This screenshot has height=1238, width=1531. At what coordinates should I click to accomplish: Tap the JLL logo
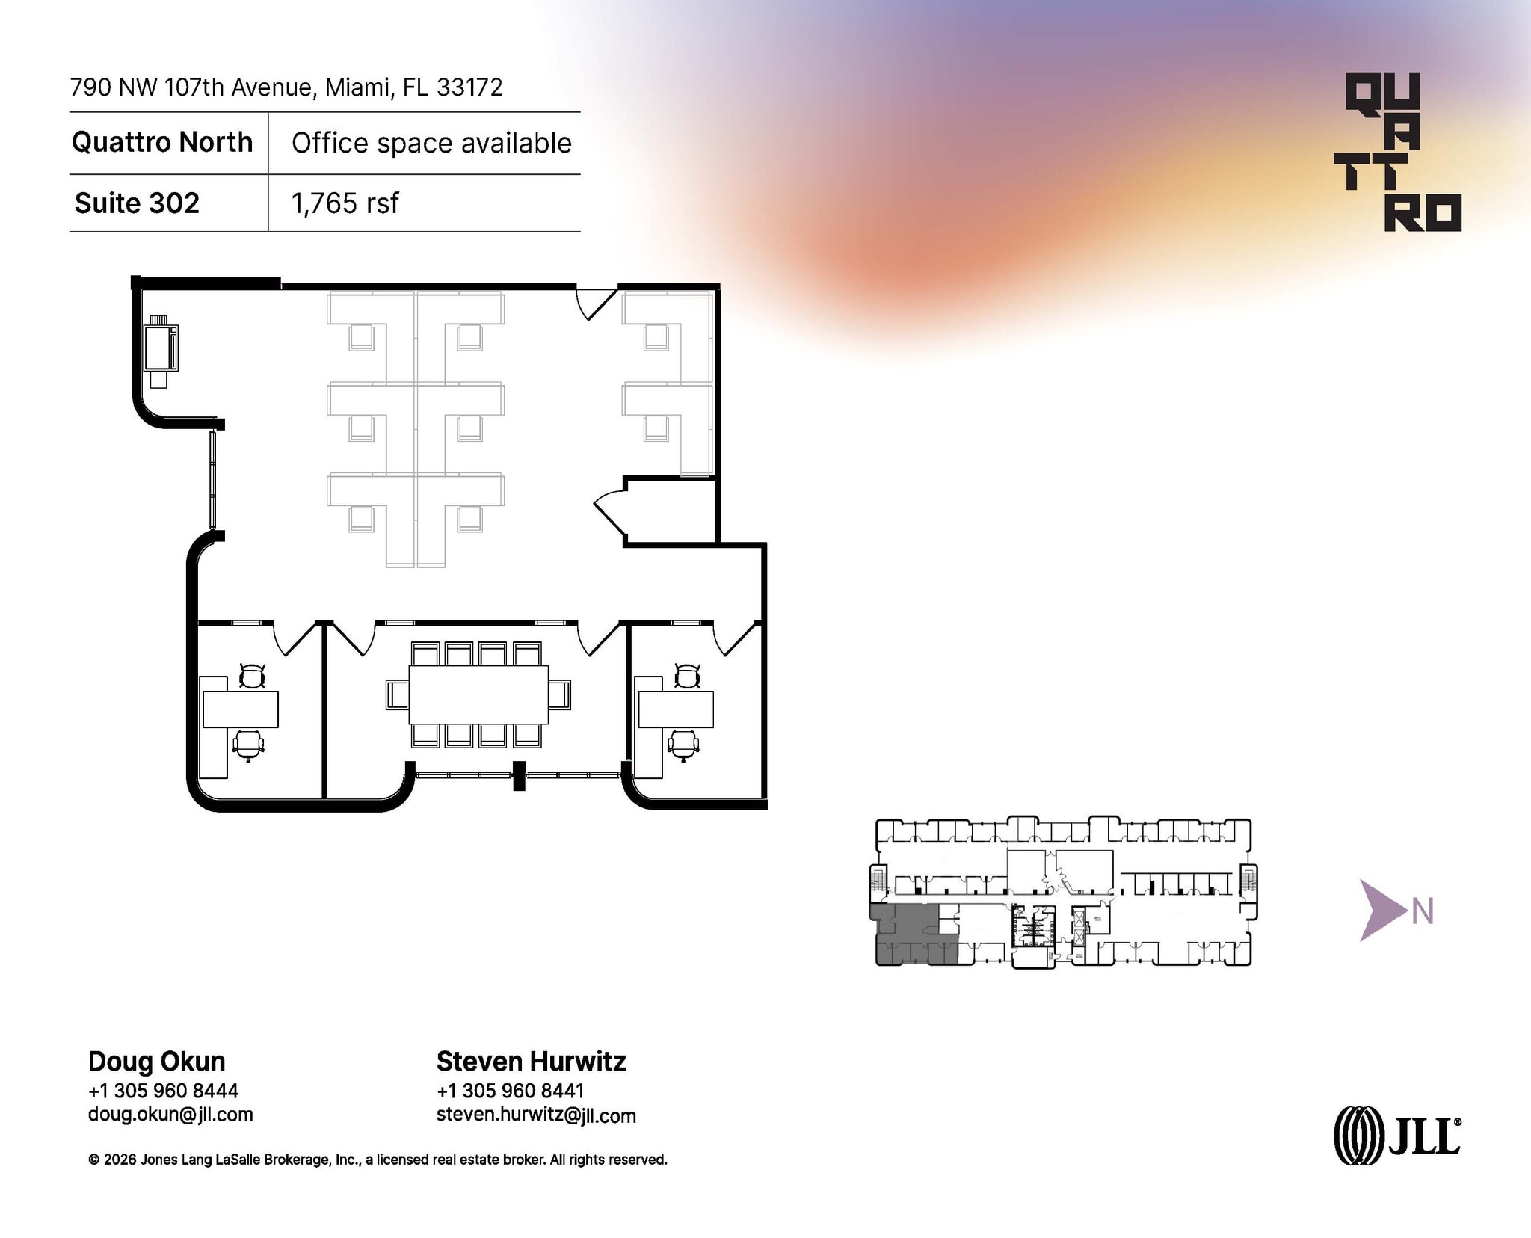click(1396, 1136)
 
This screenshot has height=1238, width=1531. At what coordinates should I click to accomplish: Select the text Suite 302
click(137, 203)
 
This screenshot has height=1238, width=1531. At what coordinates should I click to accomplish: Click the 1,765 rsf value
click(345, 203)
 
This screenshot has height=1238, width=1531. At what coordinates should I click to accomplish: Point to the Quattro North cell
click(162, 142)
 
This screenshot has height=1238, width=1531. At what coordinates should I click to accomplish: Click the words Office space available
click(431, 143)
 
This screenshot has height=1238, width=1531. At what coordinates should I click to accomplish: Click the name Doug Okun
click(156, 1062)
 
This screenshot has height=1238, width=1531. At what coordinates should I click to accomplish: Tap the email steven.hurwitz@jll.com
click(536, 1115)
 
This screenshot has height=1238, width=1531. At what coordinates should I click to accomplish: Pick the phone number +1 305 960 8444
click(163, 1091)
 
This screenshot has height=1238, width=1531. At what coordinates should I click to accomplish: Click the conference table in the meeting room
click(478, 694)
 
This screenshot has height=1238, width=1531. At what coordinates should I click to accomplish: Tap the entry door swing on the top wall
click(595, 302)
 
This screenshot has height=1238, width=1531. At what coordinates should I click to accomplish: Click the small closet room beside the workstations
click(671, 511)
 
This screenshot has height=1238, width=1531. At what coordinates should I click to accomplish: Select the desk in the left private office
click(240, 709)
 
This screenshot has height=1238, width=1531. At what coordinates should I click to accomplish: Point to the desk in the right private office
click(675, 709)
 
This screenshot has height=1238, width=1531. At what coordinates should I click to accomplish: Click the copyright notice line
click(378, 1160)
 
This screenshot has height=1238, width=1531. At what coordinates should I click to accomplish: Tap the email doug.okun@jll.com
click(170, 1115)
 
